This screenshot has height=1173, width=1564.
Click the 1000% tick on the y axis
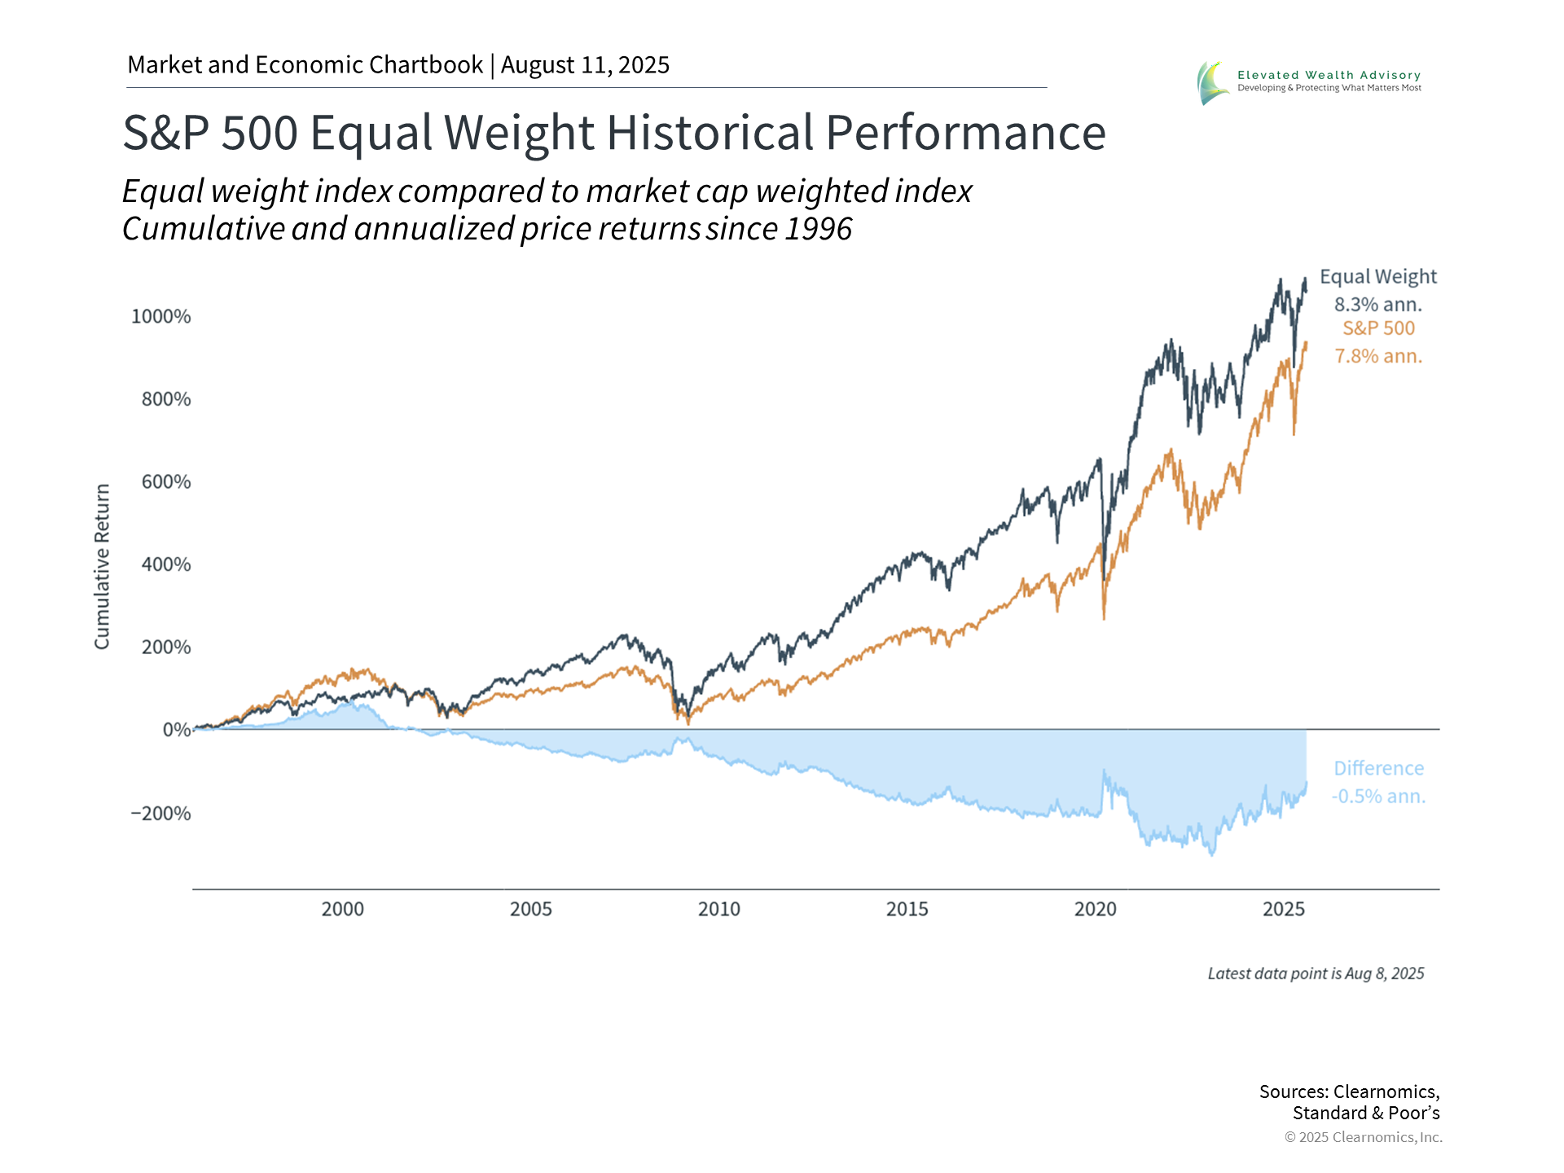click(x=161, y=317)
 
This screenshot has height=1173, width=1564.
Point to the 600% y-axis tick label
click(x=166, y=482)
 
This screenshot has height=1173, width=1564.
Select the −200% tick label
click(x=161, y=814)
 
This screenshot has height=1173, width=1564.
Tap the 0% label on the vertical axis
click(x=177, y=730)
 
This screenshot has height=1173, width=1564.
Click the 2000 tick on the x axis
click(x=342, y=909)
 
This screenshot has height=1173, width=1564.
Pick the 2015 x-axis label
click(x=907, y=909)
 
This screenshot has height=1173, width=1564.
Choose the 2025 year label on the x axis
click(x=1283, y=909)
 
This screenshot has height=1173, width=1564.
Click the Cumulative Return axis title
click(x=102, y=567)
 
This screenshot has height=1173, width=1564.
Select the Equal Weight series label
click(x=1377, y=277)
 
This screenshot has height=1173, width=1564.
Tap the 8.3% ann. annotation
click(x=1377, y=305)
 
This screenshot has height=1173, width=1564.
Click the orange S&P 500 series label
click(x=1378, y=328)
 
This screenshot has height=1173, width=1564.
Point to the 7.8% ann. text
click(x=1377, y=357)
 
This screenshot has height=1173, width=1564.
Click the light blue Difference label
click(x=1378, y=769)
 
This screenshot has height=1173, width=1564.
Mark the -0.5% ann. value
click(x=1378, y=797)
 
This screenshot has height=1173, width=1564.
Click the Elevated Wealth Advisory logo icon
click(x=1212, y=82)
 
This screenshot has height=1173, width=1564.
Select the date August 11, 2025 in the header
click(x=585, y=65)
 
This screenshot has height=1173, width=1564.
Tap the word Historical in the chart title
click(x=710, y=133)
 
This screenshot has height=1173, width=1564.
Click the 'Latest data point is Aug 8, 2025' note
click(x=1316, y=974)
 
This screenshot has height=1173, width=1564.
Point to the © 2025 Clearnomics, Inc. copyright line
click(x=1363, y=1137)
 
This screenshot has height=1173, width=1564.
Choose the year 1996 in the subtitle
click(x=818, y=230)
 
